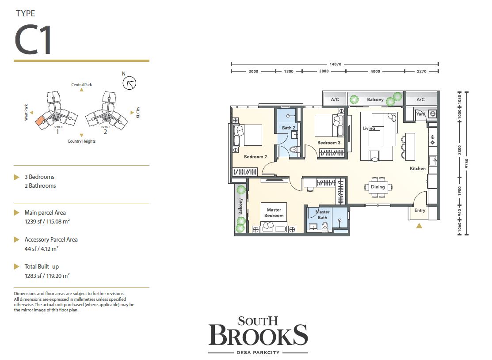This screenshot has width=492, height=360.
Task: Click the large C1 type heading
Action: [34, 40]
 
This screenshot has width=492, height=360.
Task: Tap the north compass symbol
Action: [130, 83]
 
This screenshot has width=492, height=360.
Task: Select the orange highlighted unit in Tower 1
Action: [40, 120]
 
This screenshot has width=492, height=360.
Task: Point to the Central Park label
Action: [81, 84]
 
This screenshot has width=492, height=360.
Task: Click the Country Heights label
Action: [81, 141]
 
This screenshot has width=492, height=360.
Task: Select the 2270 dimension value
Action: [421, 71]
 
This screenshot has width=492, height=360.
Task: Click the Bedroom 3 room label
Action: [329, 143]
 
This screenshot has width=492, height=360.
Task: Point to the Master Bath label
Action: [322, 215]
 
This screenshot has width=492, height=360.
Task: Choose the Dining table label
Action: [378, 187]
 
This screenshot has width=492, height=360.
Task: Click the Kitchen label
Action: [417, 168]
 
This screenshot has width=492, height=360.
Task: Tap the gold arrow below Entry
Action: [419, 225]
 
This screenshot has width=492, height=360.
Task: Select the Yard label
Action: [420, 114]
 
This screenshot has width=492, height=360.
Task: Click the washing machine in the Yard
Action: [432, 114]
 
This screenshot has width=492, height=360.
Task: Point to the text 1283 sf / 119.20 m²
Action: [47, 276]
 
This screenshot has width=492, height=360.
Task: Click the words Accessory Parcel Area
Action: [51, 239]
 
